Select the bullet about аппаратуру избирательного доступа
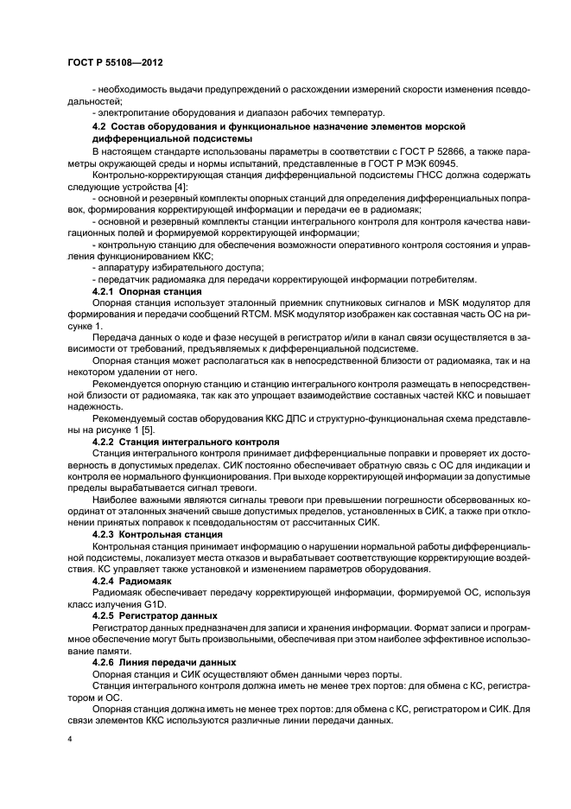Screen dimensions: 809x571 tap(164, 268)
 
